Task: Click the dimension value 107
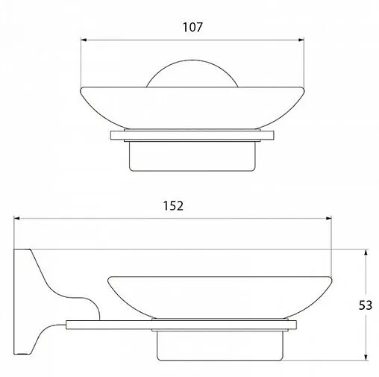tap(192, 27)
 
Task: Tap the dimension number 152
tap(172, 205)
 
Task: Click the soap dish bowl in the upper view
tap(193, 109)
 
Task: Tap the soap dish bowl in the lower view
tap(219, 298)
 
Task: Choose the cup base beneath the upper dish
tap(193, 156)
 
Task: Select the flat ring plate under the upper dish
tap(193, 135)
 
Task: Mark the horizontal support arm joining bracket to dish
tap(112, 324)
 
